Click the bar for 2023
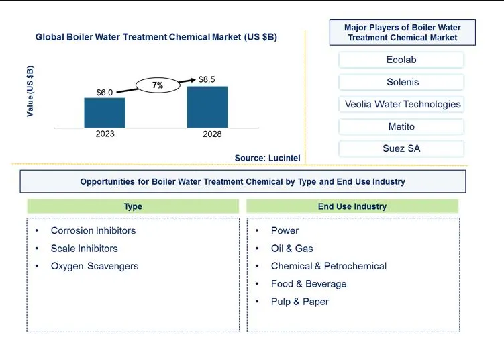click(x=105, y=113)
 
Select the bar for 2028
click(x=207, y=107)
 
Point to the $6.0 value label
click(x=105, y=93)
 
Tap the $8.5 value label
click(x=207, y=79)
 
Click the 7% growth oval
click(x=158, y=85)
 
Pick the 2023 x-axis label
click(x=105, y=134)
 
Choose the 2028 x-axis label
click(x=212, y=134)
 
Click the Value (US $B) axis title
click(x=30, y=91)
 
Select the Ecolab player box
click(x=401, y=60)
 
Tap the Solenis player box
click(x=401, y=82)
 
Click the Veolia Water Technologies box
click(x=401, y=104)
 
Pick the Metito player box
click(x=401, y=126)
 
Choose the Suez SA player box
click(x=401, y=148)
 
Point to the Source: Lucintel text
click(x=267, y=158)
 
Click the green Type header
click(x=133, y=206)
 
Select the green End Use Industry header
click(x=352, y=206)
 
